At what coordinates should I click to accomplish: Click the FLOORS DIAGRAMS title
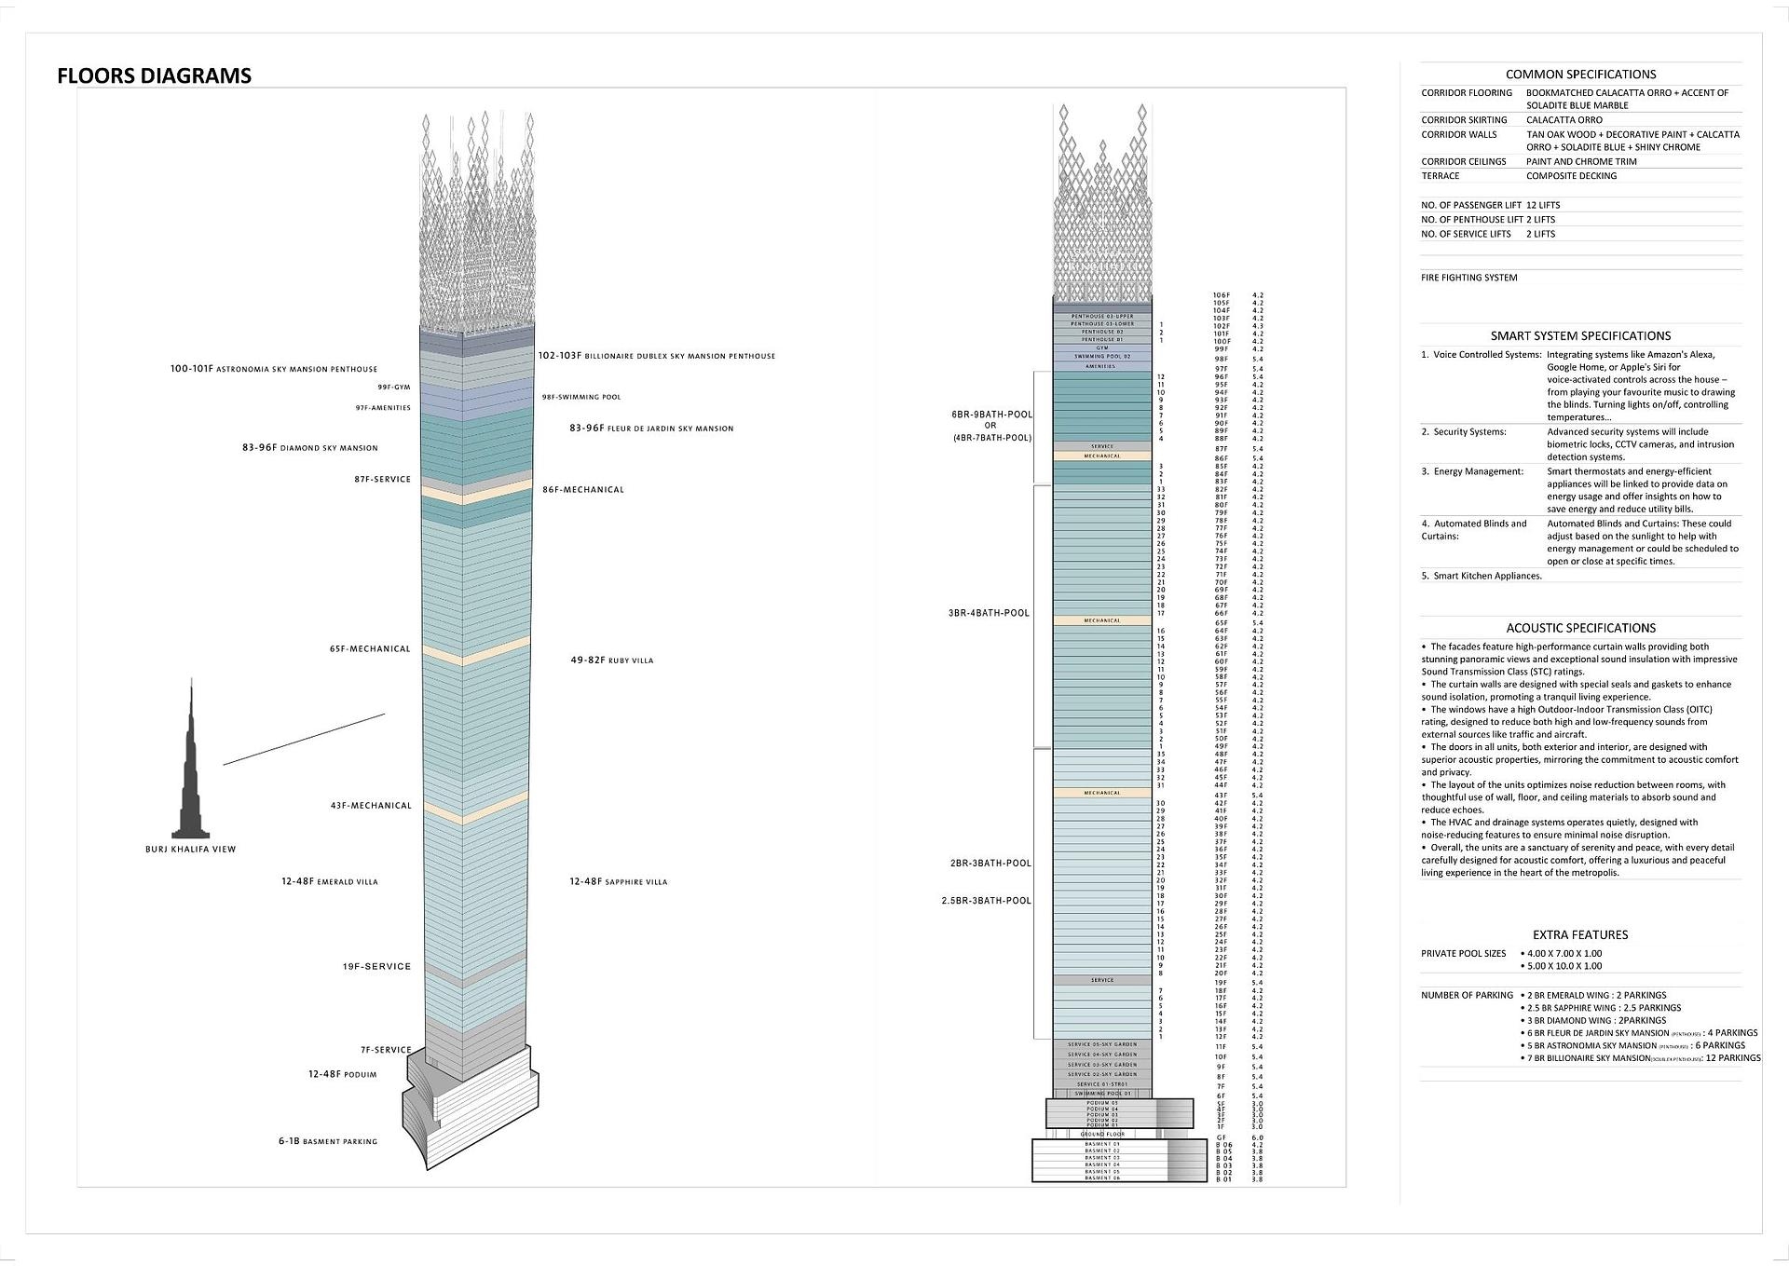click(x=154, y=76)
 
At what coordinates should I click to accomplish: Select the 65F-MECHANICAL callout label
click(x=370, y=649)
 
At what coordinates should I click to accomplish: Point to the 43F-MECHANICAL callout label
click(x=370, y=806)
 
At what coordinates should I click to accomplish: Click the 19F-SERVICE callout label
click(x=376, y=967)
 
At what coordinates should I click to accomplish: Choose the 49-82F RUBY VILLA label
click(x=612, y=660)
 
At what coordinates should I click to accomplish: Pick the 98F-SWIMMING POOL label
click(x=581, y=398)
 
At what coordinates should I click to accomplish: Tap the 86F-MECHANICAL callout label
click(x=583, y=490)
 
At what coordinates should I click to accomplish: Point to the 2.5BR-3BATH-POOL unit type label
click(x=986, y=901)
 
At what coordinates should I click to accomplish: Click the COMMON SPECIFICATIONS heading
click(x=1580, y=75)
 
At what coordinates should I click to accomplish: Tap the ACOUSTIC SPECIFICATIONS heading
click(x=1580, y=629)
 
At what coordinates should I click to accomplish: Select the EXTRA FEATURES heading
click(x=1580, y=935)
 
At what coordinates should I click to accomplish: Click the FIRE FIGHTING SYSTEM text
click(x=1468, y=278)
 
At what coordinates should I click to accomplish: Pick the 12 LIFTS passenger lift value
click(x=1543, y=205)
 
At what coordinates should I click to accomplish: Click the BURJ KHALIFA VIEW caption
click(x=191, y=850)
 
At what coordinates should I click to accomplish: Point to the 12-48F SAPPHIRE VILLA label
click(x=619, y=882)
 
